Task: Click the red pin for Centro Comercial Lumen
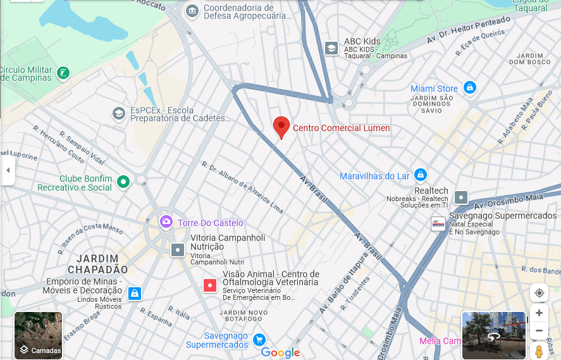tap(281, 126)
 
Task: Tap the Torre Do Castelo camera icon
tap(166, 222)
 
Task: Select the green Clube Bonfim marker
tap(124, 182)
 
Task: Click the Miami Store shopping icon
tap(469, 88)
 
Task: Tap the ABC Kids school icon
tap(331, 48)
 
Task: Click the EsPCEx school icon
tap(118, 114)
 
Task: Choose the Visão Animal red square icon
tap(210, 285)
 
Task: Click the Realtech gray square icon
tap(461, 197)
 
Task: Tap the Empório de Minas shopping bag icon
tap(134, 293)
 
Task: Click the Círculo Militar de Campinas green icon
tap(63, 73)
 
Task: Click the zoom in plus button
tap(539, 313)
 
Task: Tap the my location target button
tap(539, 293)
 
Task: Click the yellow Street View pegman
tap(539, 351)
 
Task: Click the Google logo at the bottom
tap(280, 353)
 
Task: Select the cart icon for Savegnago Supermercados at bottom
tap(259, 340)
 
